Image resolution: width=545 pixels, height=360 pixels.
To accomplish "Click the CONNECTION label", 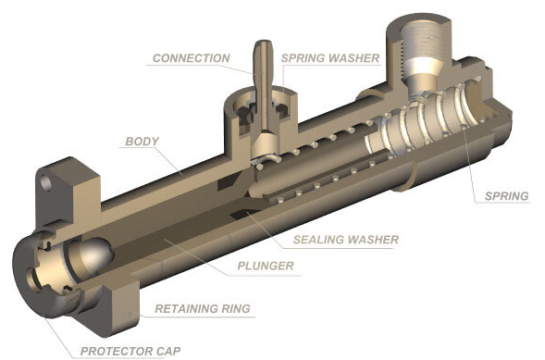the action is tap(192, 58).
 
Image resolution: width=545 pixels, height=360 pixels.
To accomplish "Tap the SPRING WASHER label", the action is tap(329, 58).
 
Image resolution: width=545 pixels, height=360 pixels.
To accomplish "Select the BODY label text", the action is tap(142, 142).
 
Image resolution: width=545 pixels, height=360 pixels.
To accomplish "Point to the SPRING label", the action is tap(506, 196).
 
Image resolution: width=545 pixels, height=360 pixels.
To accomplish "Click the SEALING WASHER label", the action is tap(346, 240).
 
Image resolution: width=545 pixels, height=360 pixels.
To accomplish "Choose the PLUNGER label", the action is tap(266, 266).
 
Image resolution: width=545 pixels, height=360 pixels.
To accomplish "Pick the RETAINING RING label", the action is tap(203, 308).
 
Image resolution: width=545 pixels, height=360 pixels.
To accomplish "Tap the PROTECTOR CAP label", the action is tap(130, 351).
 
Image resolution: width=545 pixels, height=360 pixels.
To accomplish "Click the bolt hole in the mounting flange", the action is tap(46, 183).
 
